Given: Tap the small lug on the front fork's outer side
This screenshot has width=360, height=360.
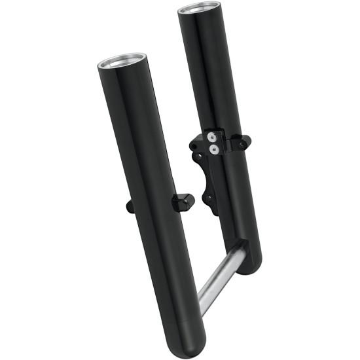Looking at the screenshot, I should pyautogui.click(x=129, y=207).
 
